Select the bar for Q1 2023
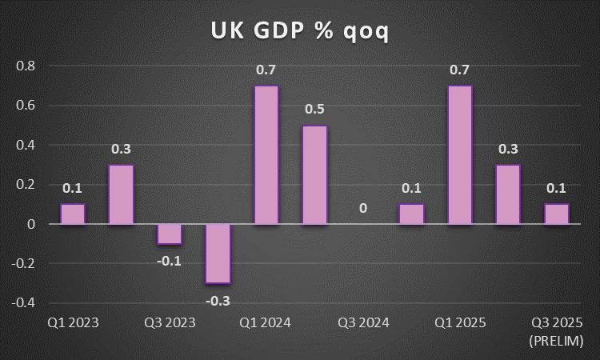pos(73,214)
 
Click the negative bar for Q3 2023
pos(170,234)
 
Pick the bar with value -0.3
pos(218,253)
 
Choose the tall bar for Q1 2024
pos(266,154)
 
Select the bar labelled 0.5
pos(314,174)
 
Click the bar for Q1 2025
pos(460,154)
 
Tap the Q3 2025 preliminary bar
pos(557,214)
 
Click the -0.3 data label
pos(218,299)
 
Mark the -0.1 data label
pos(170,260)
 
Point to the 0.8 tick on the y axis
pos(26,66)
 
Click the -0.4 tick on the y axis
pos(25,302)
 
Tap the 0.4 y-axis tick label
pos(26,145)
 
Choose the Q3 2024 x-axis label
pos(363,323)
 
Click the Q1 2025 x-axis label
pos(460,323)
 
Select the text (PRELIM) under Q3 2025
pos(557,342)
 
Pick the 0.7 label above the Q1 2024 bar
pos(266,70)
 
